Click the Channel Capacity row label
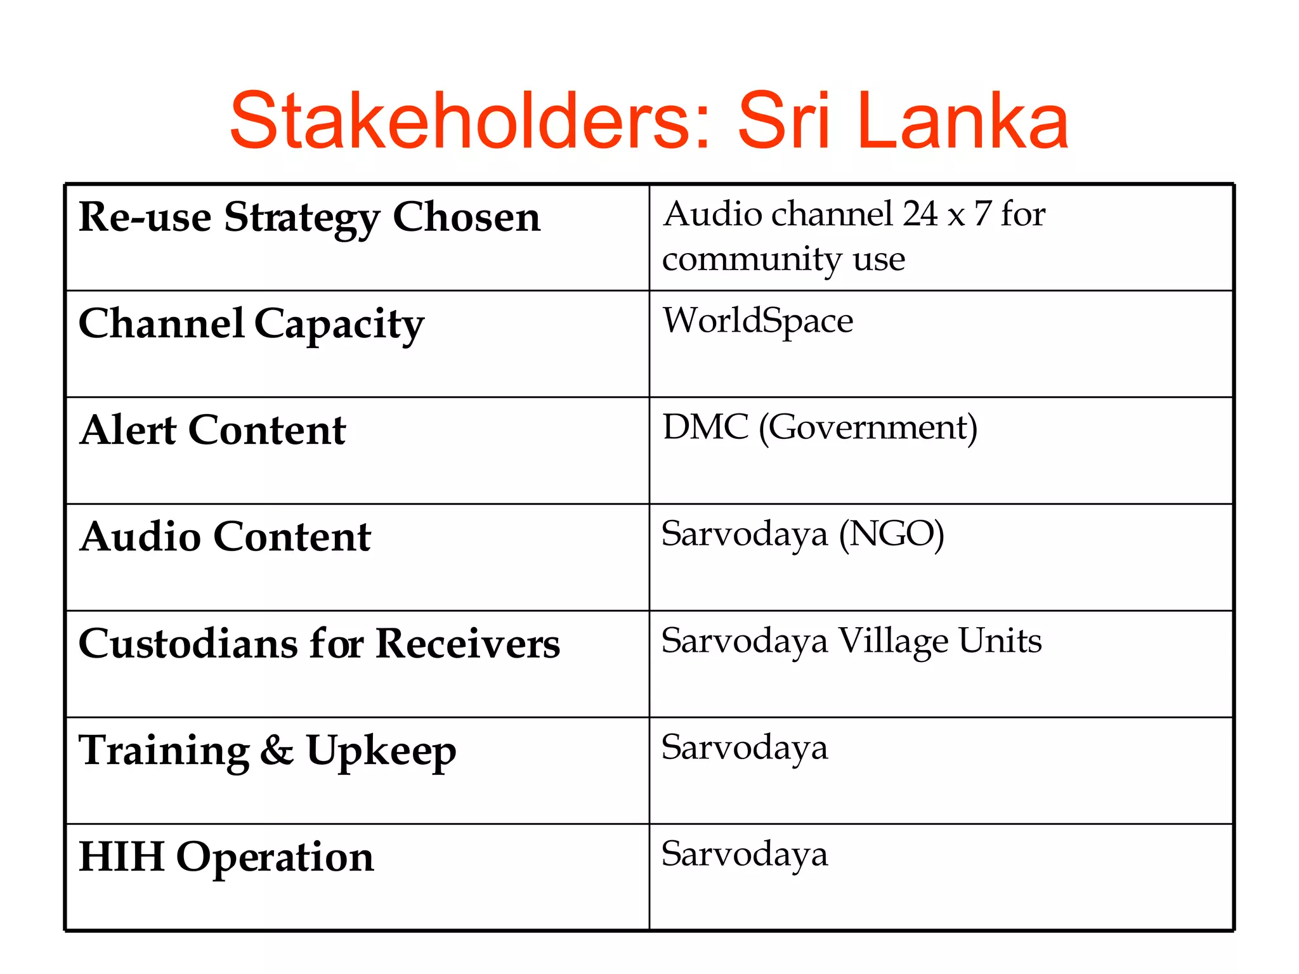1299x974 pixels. [251, 325]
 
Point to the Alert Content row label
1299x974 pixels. [212, 431]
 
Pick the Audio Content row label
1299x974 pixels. [225, 537]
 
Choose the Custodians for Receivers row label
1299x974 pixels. [319, 644]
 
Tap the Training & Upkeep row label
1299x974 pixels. [267, 751]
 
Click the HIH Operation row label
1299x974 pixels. [226, 857]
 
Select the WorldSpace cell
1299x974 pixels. [758, 321]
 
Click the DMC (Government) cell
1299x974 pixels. [819, 428]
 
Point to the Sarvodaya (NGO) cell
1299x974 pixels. [802, 535]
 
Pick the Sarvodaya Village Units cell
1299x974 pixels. [851, 641]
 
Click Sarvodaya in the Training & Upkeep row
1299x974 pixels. [745, 748]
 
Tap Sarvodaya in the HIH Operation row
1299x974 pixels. [745, 854]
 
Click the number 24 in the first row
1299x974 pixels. [920, 214]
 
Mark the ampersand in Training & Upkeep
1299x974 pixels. [277, 750]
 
